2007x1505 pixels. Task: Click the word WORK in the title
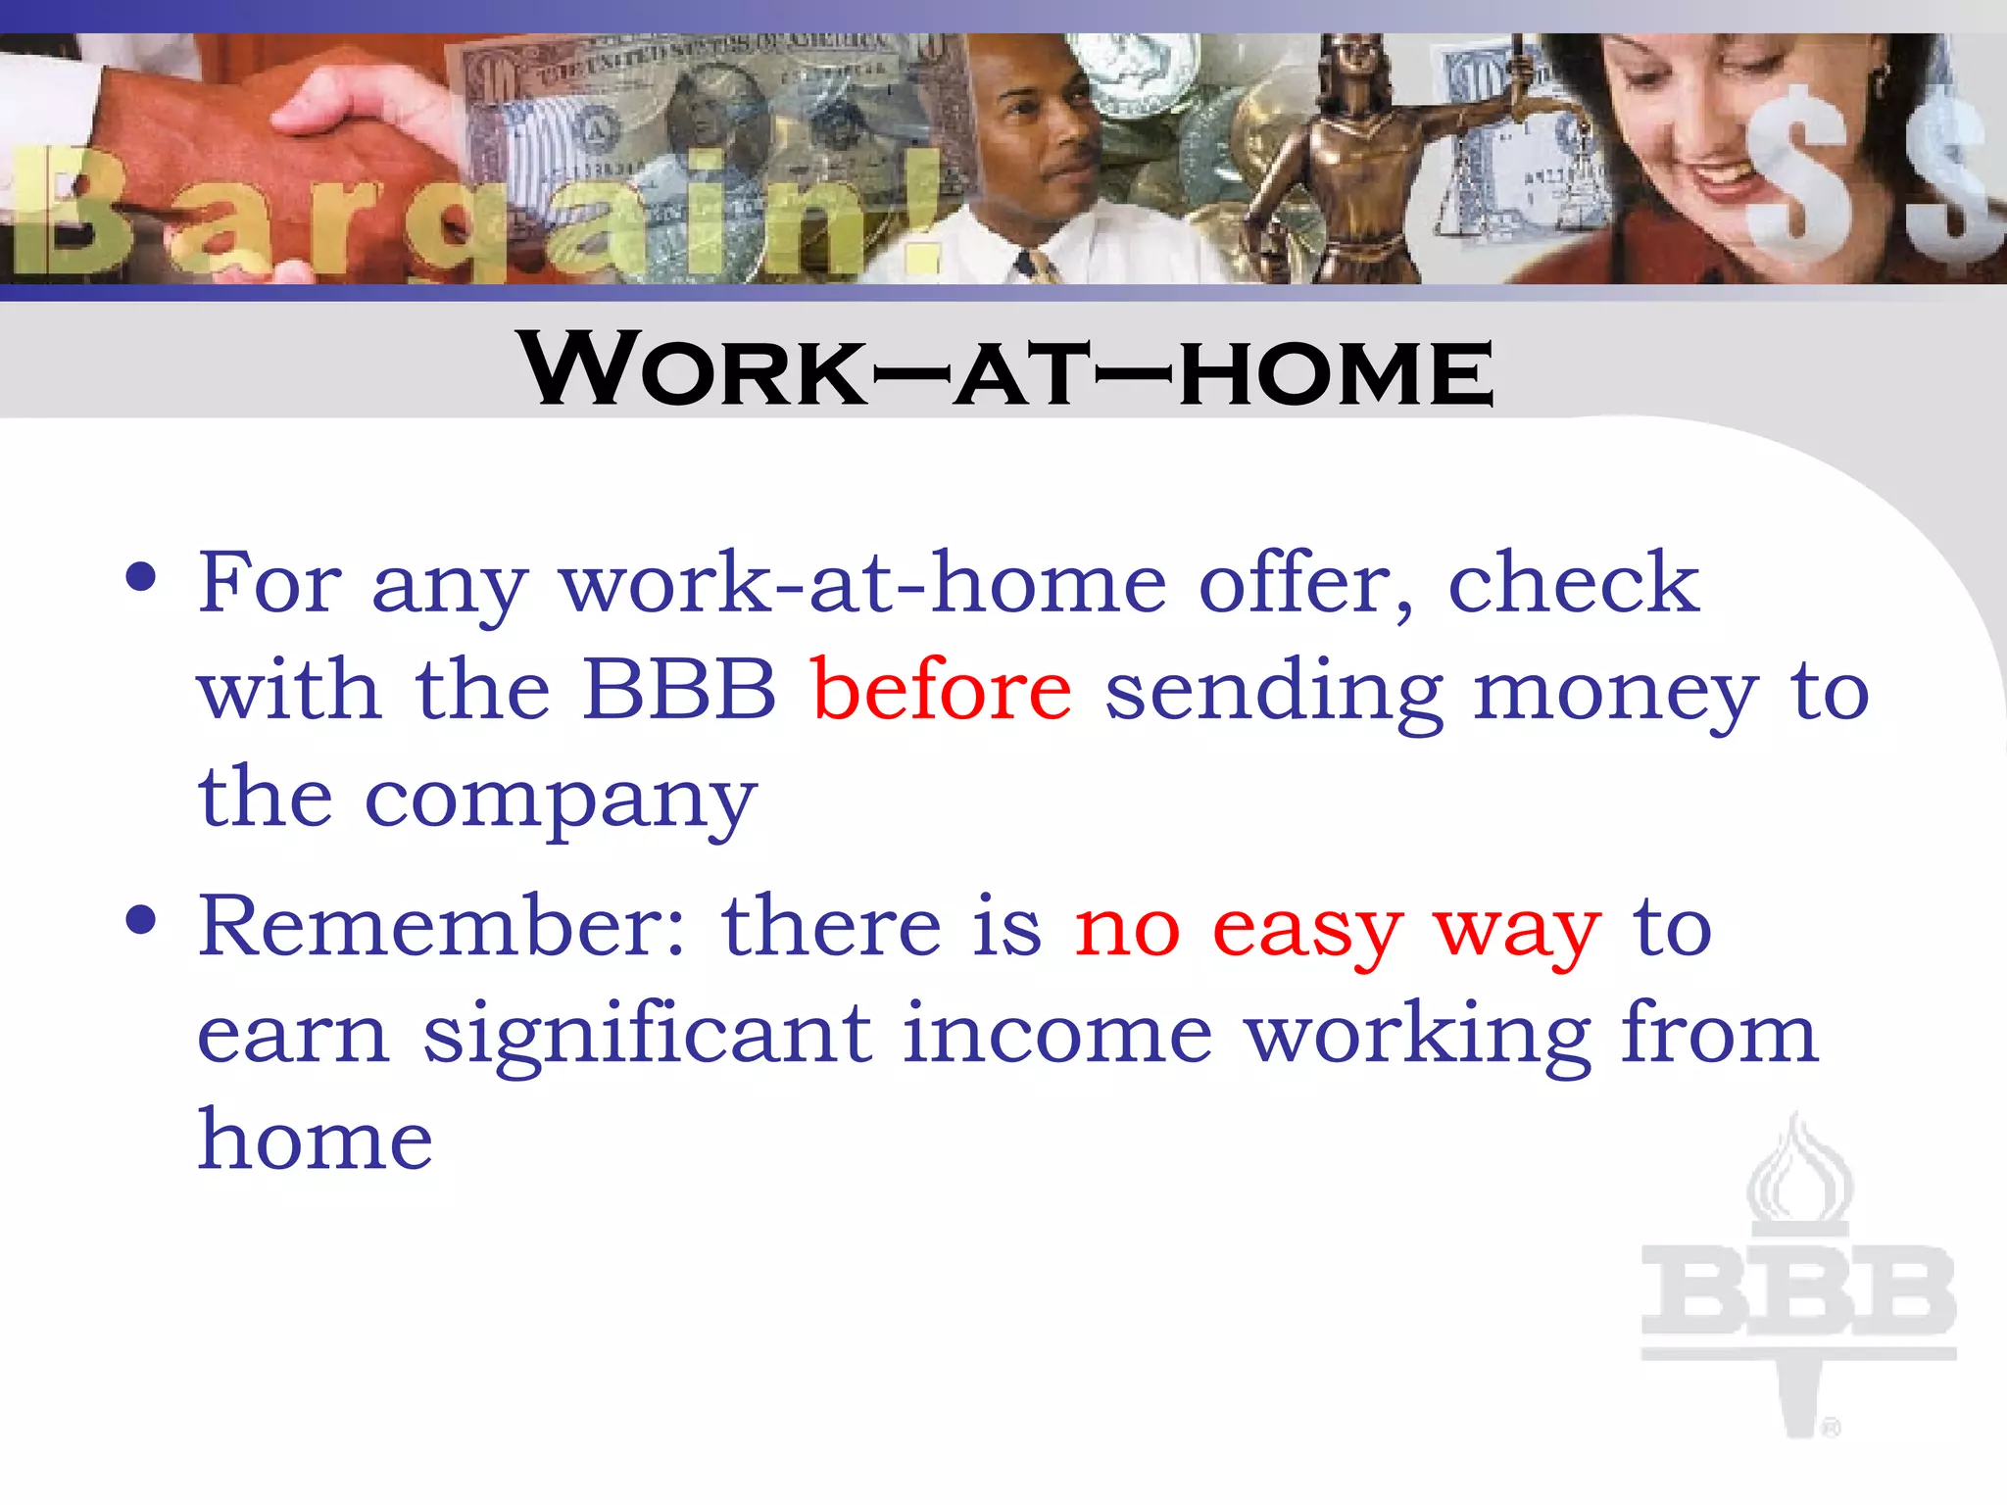(x=694, y=369)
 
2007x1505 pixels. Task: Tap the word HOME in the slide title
(x=1336, y=372)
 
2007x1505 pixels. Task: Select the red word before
(x=942, y=690)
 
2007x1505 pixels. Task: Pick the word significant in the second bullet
(x=647, y=1035)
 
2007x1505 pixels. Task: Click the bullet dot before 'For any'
(x=141, y=577)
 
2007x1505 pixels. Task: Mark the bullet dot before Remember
(x=141, y=920)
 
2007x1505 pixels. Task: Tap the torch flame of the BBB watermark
(x=1799, y=1172)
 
